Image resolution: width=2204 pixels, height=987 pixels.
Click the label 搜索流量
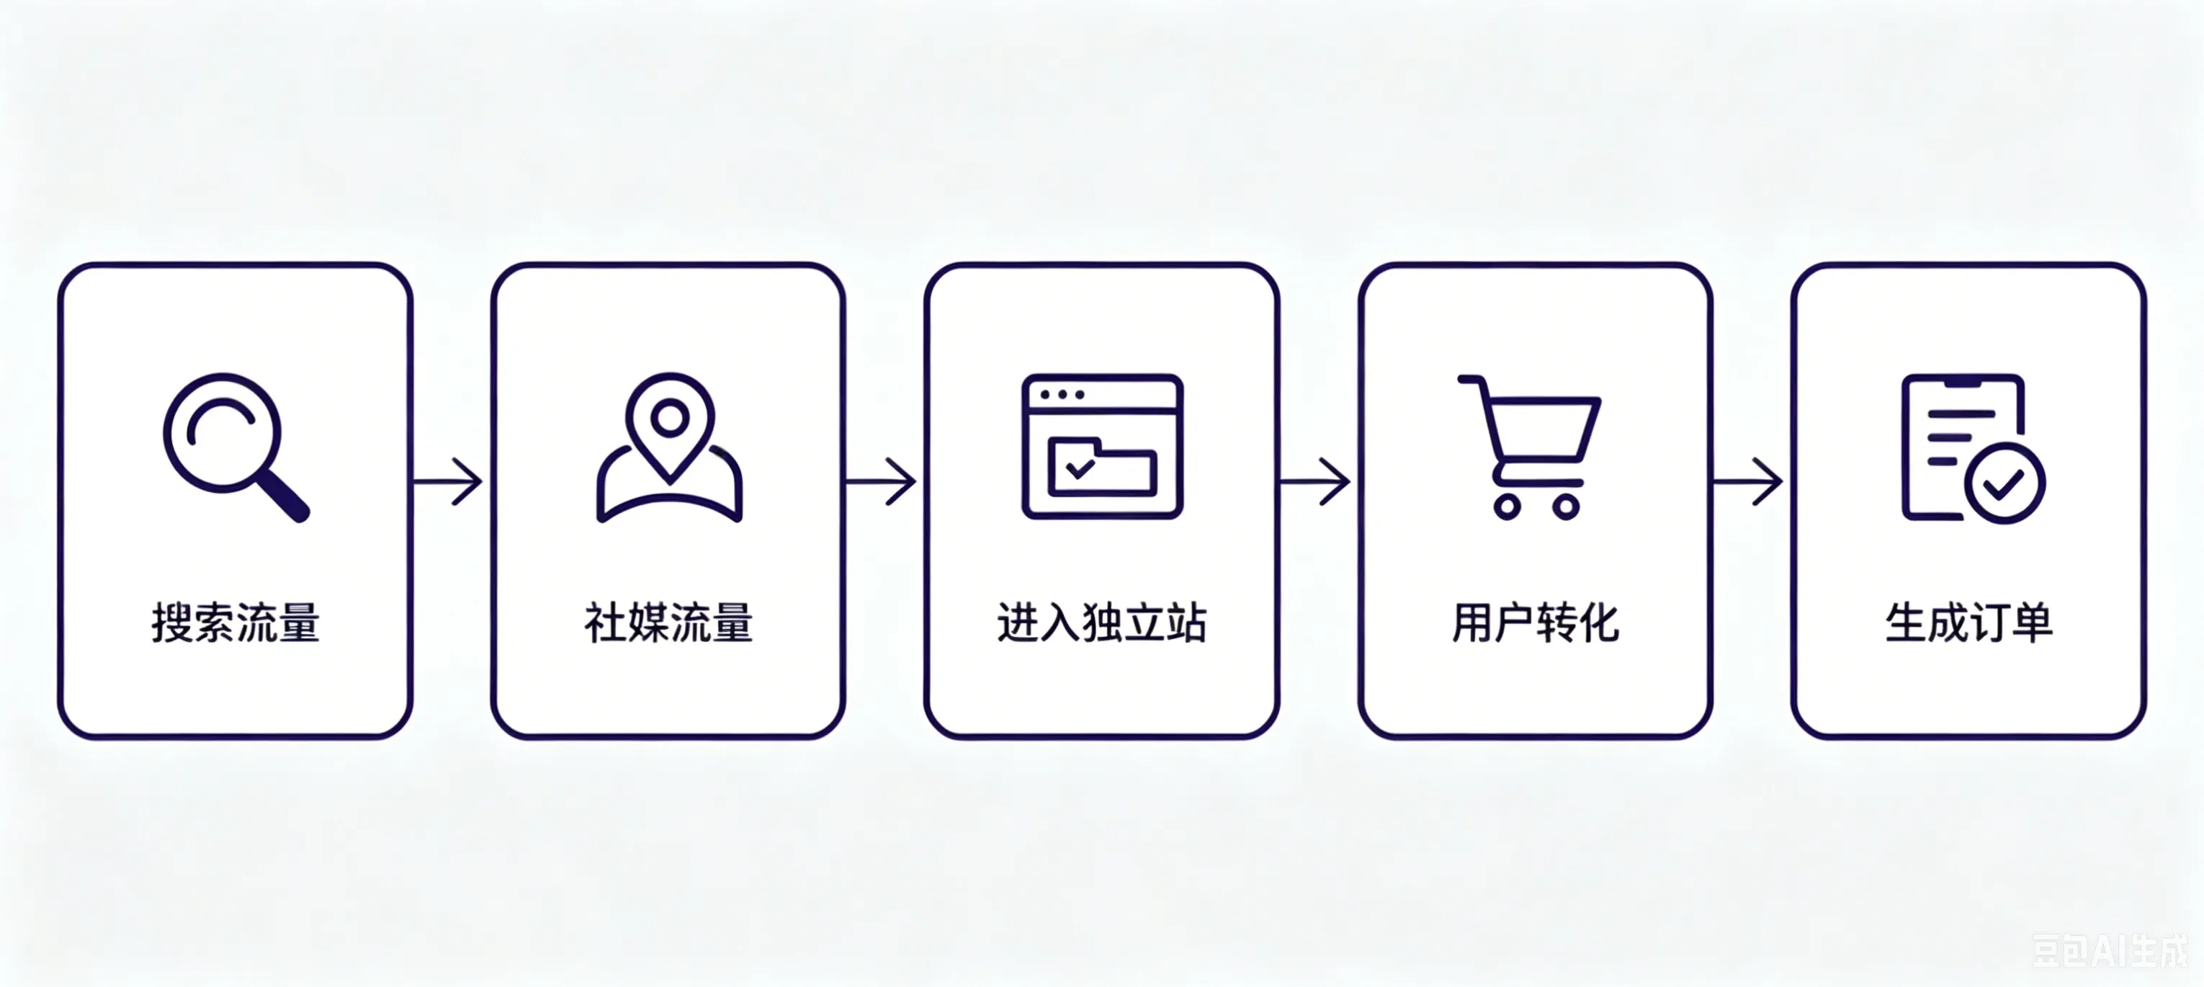[236, 622]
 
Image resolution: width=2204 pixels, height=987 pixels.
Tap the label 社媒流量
[668, 622]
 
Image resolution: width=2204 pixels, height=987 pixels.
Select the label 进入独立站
[1102, 622]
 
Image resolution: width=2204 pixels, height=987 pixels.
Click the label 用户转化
[1536, 622]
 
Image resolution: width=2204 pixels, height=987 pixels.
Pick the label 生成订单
[1968, 622]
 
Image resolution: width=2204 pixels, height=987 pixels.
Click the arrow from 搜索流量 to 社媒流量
[447, 482]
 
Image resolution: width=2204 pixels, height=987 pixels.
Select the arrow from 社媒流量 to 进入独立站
[880, 482]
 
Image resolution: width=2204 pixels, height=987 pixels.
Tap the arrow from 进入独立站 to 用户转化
[1314, 482]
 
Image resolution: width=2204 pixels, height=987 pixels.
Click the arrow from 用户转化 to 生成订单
[1747, 482]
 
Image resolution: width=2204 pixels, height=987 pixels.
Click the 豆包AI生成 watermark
[2110, 951]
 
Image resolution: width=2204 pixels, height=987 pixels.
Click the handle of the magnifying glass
[282, 496]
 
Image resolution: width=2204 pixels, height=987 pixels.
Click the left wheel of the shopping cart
[1508, 506]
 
